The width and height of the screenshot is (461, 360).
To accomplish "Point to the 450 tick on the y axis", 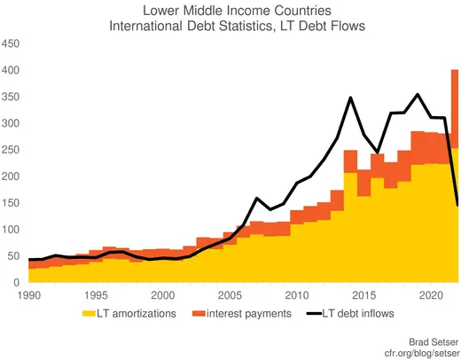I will click(x=12, y=43).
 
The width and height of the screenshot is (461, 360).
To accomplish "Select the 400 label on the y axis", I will click(x=12, y=70).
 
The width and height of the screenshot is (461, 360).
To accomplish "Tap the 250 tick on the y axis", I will click(x=12, y=150).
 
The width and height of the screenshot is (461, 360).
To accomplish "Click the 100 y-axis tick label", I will click(x=12, y=230).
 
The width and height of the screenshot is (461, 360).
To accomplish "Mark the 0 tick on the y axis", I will click(x=18, y=283).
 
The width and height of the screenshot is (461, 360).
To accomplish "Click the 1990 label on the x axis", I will click(x=28, y=294).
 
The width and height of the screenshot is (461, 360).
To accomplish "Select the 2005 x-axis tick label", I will click(x=230, y=294).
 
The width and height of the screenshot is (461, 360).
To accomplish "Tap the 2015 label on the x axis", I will click(x=363, y=294).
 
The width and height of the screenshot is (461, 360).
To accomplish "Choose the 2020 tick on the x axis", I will click(x=431, y=294).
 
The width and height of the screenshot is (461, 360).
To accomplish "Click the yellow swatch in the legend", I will click(x=88, y=312).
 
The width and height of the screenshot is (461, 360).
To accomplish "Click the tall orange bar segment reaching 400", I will click(x=455, y=106).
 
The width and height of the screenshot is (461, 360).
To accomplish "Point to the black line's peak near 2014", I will click(x=351, y=98).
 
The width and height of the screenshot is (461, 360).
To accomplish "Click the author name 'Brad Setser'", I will click(x=433, y=340).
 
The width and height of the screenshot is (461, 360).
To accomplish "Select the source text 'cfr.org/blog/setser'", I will click(x=416, y=352).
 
